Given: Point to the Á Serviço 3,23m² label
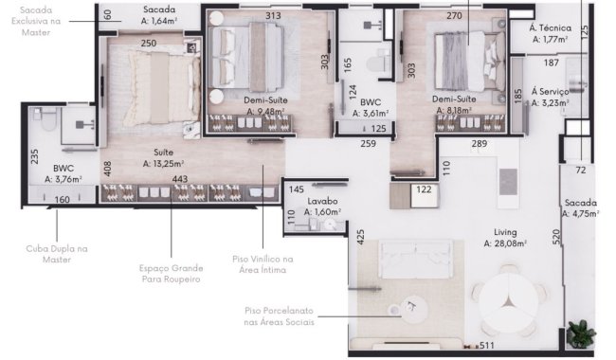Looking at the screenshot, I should click(549, 98).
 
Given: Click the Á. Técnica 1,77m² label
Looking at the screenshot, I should click(548, 34).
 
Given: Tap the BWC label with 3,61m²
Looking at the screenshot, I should click(371, 107).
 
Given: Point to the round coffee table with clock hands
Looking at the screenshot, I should click(411, 307).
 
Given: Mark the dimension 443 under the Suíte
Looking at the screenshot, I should click(180, 179).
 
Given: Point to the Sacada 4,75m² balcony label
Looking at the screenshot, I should click(581, 208).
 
